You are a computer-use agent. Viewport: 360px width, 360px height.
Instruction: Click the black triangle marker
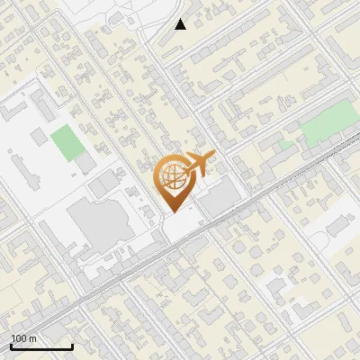tap(181, 24)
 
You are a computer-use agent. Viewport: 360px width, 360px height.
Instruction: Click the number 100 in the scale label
tap(19, 338)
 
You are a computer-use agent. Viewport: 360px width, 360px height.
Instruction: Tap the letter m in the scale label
tap(33, 338)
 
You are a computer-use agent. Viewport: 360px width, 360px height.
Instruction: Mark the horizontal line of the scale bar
tap(41, 346)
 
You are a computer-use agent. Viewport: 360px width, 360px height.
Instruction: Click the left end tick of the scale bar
tap(11, 345)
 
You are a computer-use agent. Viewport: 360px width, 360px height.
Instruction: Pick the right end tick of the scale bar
tap(72, 345)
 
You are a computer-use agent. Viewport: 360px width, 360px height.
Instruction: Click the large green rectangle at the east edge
tap(328, 126)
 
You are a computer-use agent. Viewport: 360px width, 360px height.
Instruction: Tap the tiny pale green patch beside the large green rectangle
tap(286, 144)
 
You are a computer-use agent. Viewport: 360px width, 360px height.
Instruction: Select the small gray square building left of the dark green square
tap(38, 136)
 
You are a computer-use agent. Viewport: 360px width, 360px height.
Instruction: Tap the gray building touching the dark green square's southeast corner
tap(85, 163)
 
